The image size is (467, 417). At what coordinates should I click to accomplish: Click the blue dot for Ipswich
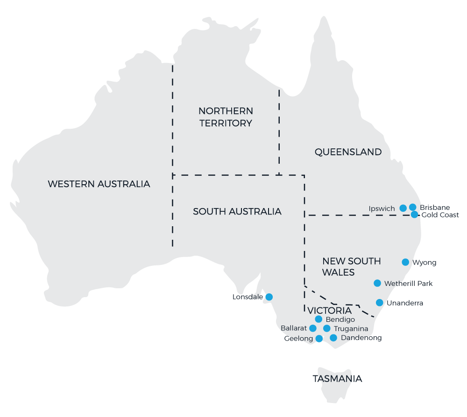[403, 208]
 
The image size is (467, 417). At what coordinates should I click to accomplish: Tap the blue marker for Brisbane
[413, 207]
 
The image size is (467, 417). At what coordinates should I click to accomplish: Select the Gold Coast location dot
[415, 215]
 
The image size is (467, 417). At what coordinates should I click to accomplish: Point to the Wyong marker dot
[405, 262]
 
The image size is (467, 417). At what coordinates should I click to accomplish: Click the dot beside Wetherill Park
[377, 283]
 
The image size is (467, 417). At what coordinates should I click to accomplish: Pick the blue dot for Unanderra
[380, 303]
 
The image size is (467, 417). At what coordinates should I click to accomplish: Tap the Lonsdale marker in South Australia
[269, 297]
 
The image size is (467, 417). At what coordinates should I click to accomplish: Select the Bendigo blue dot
[318, 319]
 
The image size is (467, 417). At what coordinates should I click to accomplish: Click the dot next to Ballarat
[313, 328]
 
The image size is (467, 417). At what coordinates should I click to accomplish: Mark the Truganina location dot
[327, 328]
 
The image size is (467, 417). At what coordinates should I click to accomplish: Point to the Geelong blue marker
[319, 339]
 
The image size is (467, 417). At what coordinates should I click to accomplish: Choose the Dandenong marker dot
[333, 338]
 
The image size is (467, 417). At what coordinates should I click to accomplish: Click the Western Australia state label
[99, 184]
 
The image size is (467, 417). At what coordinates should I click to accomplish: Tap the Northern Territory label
[226, 117]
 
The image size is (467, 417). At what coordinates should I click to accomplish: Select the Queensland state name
[348, 152]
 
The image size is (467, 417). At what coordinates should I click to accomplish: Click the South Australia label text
[237, 211]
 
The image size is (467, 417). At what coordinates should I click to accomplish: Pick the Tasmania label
[337, 378]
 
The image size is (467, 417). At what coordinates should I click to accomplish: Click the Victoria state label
[330, 311]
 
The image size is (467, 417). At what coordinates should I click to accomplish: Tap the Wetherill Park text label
[408, 283]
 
